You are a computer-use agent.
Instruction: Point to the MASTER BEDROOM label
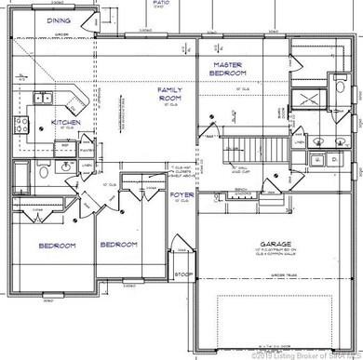point(227,68)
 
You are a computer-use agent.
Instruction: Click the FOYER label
point(181,196)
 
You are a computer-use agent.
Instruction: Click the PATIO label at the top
point(161,4)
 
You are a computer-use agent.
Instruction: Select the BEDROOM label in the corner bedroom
point(55,245)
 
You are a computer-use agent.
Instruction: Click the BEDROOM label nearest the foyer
point(119,245)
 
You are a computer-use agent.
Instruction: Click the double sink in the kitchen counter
point(43,98)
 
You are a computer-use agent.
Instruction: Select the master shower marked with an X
point(307,103)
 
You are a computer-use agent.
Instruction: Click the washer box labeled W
point(319,161)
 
